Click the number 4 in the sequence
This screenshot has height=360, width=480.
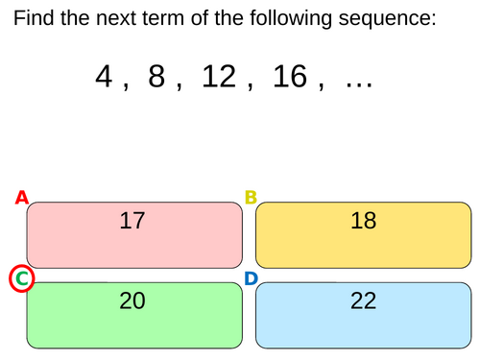[105, 78]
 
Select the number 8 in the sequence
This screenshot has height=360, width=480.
[156, 78]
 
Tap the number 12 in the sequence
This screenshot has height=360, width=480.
[219, 78]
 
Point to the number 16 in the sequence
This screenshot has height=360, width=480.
[289, 78]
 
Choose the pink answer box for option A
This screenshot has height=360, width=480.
[134, 235]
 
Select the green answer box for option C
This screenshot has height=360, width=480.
[134, 315]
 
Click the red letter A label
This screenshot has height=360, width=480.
[21, 199]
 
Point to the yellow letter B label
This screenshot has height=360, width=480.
[251, 199]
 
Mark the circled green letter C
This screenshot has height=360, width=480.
[21, 279]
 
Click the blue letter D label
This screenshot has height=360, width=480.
[251, 279]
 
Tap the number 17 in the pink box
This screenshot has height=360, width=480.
[132, 221]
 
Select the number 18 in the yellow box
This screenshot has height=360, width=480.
[363, 221]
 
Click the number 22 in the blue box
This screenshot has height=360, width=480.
[363, 301]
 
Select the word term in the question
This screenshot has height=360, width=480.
[184, 18]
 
